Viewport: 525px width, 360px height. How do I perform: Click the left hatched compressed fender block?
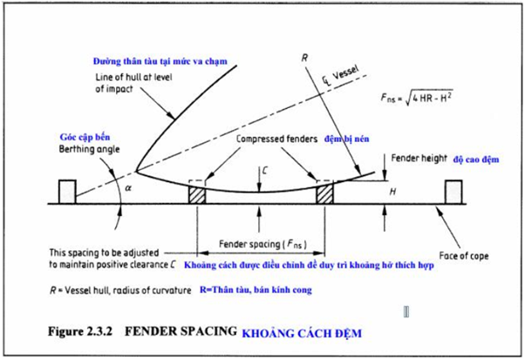click(197, 194)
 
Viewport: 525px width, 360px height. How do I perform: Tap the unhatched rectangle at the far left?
click(67, 192)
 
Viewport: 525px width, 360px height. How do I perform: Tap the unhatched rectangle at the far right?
click(453, 192)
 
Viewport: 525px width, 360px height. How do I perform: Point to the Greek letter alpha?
click(128, 188)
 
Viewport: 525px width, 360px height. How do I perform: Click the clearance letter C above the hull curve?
click(264, 171)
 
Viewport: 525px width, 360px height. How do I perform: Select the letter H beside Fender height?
click(392, 192)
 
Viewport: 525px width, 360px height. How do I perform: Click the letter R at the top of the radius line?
click(304, 58)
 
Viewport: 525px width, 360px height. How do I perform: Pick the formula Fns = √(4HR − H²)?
click(417, 98)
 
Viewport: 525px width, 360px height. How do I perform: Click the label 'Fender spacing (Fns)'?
click(262, 244)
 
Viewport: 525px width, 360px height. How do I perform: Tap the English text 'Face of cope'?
click(464, 256)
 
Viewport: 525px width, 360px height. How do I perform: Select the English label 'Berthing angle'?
click(89, 149)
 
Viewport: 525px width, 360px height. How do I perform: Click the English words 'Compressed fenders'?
click(277, 139)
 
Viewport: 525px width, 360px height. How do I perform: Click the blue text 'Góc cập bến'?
click(85, 137)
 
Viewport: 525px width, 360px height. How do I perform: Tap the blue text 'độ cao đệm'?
click(476, 160)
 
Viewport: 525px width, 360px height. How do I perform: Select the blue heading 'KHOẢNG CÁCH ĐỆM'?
click(302, 334)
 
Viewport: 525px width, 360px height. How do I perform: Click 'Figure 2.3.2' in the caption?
click(79, 331)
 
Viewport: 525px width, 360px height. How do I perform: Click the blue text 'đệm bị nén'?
click(346, 139)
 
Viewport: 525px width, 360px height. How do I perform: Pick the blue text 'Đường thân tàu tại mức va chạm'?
click(160, 61)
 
